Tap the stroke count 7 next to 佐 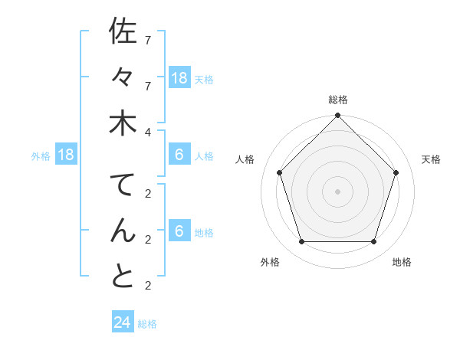[147, 40]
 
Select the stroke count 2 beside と [147, 286]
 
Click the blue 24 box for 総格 [123, 322]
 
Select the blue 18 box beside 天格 [179, 77]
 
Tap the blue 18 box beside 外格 [66, 155]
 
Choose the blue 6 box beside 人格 [179, 155]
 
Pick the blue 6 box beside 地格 [179, 231]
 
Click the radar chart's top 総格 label [338, 100]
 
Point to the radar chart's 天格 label [431, 159]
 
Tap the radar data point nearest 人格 [279, 172]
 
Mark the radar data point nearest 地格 [374, 241]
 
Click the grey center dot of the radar [338, 191]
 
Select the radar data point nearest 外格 [301, 241]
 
